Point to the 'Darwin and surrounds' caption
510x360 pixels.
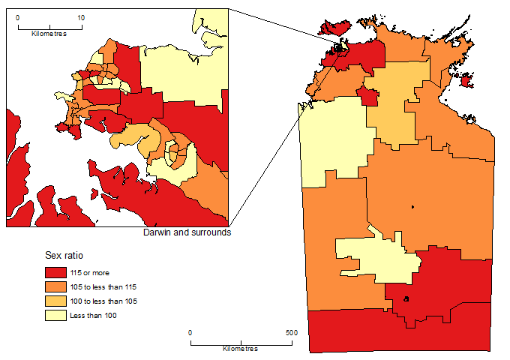186,232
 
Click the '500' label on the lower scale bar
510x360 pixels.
292,332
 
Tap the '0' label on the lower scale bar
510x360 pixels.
190,332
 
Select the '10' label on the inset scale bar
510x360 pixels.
81,16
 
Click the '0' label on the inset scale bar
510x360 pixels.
18,16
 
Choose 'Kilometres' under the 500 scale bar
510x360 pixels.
241,349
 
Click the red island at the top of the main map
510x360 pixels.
334,28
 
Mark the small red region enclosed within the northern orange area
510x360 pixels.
367,96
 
